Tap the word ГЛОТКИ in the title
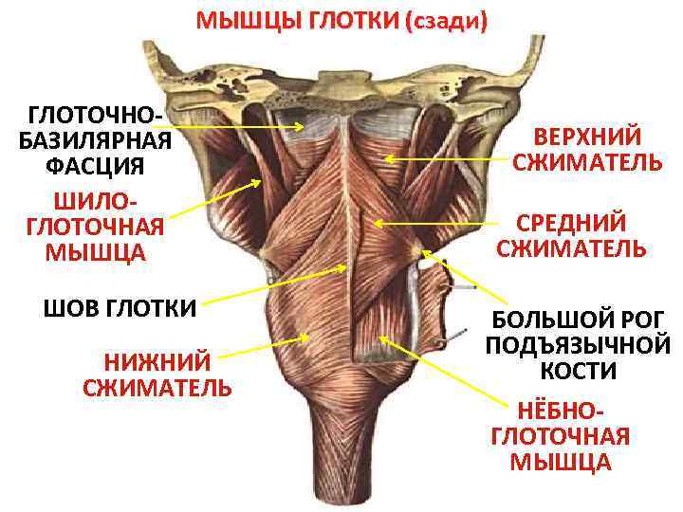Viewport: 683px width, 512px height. pyautogui.click(x=353, y=21)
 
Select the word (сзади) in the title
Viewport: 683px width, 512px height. pyautogui.click(x=446, y=21)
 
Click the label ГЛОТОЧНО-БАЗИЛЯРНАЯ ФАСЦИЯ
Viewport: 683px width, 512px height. pyautogui.click(x=94, y=141)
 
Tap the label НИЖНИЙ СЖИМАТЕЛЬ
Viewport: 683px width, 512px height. pyautogui.click(x=157, y=374)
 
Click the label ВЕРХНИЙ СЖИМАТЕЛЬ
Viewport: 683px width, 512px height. pyautogui.click(x=587, y=150)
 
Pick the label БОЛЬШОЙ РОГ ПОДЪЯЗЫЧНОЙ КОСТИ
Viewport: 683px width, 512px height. pyautogui.click(x=578, y=345)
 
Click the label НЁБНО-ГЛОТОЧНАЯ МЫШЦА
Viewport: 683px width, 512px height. pyautogui.click(x=560, y=436)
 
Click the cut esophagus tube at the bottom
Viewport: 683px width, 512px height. pyautogui.click(x=341, y=474)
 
